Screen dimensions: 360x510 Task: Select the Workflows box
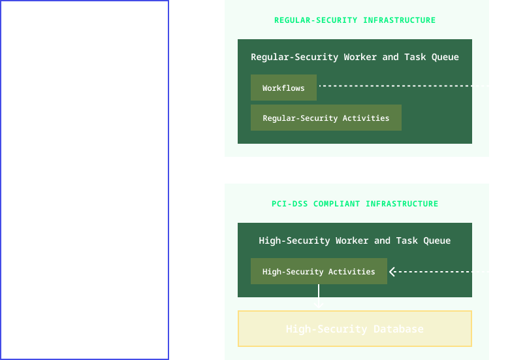coord(283,88)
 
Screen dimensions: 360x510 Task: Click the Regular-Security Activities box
coord(326,118)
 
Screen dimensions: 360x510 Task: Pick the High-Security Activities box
coord(319,271)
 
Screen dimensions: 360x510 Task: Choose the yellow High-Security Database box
coord(355,329)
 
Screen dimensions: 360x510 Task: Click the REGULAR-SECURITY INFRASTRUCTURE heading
coord(355,20)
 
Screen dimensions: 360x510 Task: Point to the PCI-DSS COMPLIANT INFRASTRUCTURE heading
coord(355,204)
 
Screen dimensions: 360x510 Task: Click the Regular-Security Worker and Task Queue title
coord(355,57)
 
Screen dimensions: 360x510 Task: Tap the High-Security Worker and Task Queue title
coord(355,240)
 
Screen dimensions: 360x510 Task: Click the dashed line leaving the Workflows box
coord(411,86)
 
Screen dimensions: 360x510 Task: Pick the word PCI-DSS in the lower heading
coord(289,204)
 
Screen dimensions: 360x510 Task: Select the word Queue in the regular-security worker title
coord(445,57)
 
